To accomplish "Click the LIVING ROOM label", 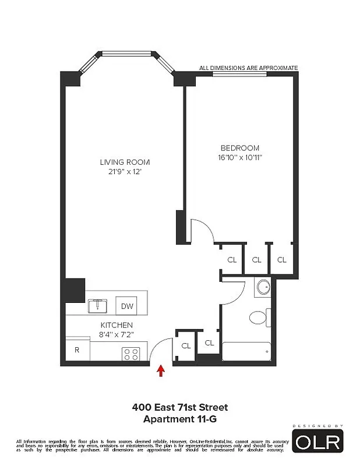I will point(125,162).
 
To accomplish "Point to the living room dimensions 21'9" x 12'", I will point(125,172).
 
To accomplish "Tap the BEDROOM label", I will point(239,148).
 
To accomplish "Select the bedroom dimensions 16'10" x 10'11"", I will point(239,157).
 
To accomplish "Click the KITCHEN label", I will point(117,324).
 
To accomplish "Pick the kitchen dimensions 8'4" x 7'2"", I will point(117,334).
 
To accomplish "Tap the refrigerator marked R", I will point(77,350).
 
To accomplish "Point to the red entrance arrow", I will point(161,371).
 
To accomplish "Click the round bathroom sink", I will point(263,287).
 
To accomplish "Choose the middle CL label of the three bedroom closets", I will point(256,260).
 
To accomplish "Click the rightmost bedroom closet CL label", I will point(282,260).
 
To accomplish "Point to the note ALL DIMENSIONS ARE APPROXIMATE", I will point(248,68).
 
